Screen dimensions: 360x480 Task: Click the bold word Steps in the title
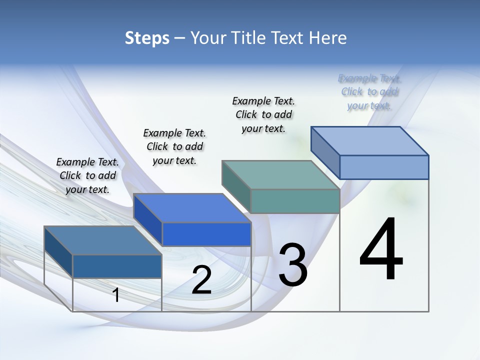(147, 38)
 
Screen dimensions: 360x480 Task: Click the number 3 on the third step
(293, 265)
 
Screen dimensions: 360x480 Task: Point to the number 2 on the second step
(201, 280)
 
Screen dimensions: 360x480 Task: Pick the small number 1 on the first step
(116, 295)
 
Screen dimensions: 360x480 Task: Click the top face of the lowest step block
(103, 240)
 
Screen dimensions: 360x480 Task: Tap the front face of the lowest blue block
(117, 266)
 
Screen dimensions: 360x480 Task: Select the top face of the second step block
(192, 208)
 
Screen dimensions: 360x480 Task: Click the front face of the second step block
(206, 234)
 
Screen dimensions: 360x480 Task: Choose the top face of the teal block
(281, 175)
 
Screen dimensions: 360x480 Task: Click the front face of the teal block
(295, 201)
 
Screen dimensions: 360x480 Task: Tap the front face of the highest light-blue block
(384, 167)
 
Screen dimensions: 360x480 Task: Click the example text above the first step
(87, 175)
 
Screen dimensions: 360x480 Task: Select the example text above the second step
(174, 146)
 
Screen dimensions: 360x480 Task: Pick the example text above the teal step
(263, 114)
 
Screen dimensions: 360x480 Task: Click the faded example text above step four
(369, 91)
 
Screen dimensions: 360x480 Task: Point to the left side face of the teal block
(236, 186)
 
